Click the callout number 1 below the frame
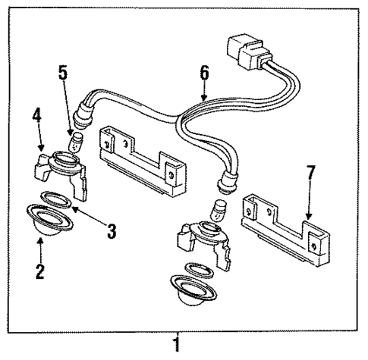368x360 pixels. [x=177, y=345]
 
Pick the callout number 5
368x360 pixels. [x=63, y=75]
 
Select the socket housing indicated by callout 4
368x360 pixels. [x=64, y=171]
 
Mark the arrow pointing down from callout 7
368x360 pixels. [x=310, y=201]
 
